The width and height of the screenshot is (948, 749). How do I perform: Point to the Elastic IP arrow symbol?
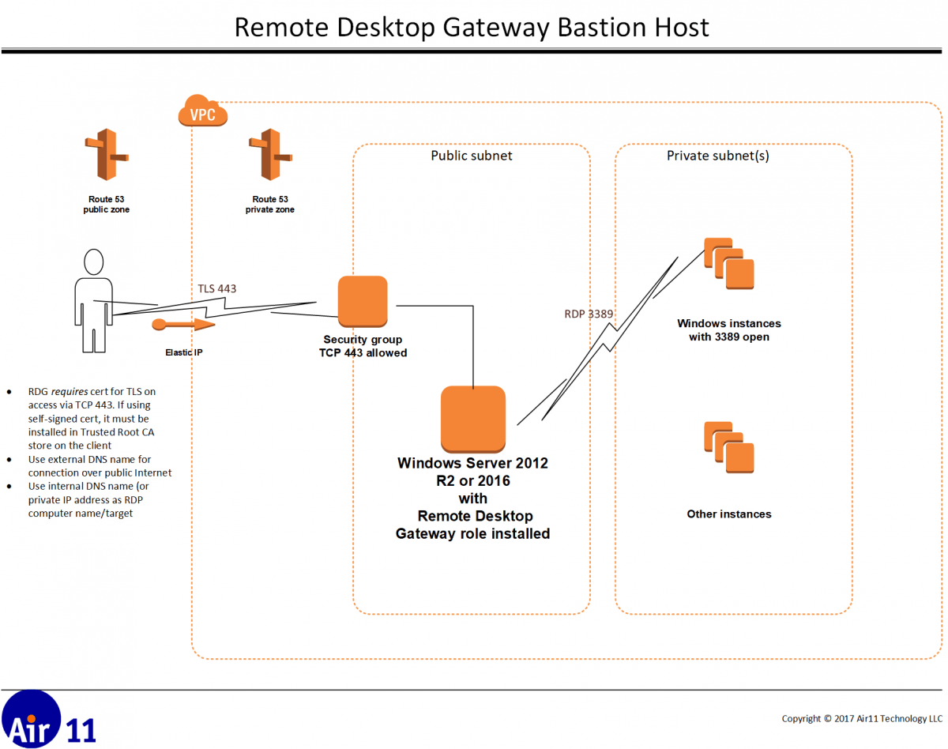tap(182, 325)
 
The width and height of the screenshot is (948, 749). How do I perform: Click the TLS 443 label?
tap(216, 288)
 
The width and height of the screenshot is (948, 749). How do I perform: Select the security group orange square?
tap(363, 301)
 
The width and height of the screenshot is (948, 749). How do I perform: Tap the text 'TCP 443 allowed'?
tap(357, 353)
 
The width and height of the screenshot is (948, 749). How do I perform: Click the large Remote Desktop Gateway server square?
tap(472, 416)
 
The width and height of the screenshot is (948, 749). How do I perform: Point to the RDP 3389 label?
tap(589, 314)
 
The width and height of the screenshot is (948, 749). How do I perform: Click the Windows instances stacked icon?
tap(729, 263)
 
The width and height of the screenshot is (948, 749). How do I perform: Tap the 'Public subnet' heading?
tap(471, 156)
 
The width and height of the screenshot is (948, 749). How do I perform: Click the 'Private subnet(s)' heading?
tap(717, 156)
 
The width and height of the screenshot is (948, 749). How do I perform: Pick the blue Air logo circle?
tap(30, 719)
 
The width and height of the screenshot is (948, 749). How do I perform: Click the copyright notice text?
tap(862, 718)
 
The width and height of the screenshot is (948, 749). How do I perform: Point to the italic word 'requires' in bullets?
tap(71, 390)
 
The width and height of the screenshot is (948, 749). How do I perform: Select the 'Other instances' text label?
tap(728, 514)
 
